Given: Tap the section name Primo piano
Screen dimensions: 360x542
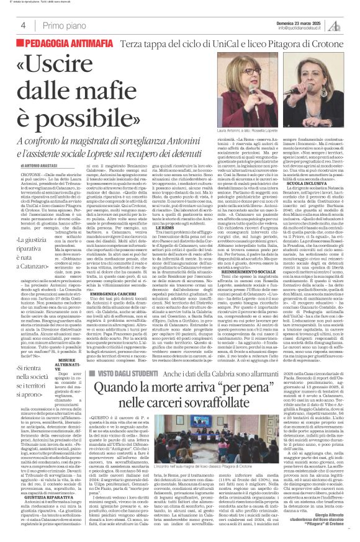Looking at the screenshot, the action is [x=63, y=25].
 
